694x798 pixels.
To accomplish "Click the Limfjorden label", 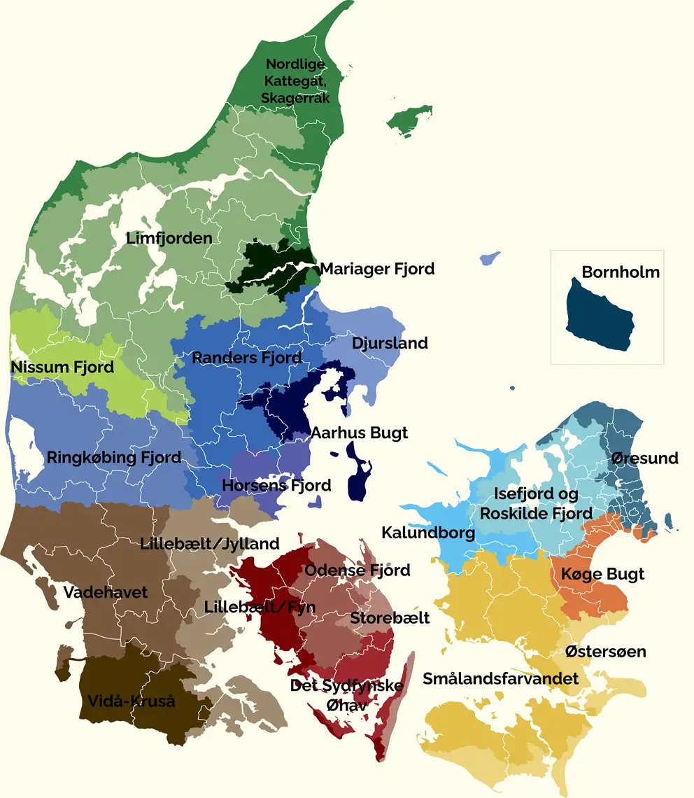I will (169, 239).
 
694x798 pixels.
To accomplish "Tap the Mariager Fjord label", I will (377, 269).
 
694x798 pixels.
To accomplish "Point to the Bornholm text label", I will (621, 272).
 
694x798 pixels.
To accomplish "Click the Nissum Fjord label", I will (62, 367).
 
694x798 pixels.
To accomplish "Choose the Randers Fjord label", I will (246, 358).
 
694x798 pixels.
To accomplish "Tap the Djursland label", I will (390, 344).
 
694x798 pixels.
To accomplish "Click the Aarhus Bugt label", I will (359, 433).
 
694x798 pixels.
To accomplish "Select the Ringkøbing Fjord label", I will (113, 458).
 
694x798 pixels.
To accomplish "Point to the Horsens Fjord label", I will (276, 485).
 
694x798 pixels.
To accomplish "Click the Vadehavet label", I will (106, 593).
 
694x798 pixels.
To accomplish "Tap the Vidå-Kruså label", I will (132, 701).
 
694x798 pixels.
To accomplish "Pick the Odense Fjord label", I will (357, 570).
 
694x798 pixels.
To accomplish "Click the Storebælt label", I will (390, 618).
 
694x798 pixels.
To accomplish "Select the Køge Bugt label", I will (602, 575).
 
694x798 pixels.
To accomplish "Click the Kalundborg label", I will (428, 533).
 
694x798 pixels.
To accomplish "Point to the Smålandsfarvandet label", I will (500, 679).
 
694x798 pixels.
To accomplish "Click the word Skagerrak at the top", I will (295, 99).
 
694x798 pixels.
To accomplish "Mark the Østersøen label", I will (605, 652).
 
